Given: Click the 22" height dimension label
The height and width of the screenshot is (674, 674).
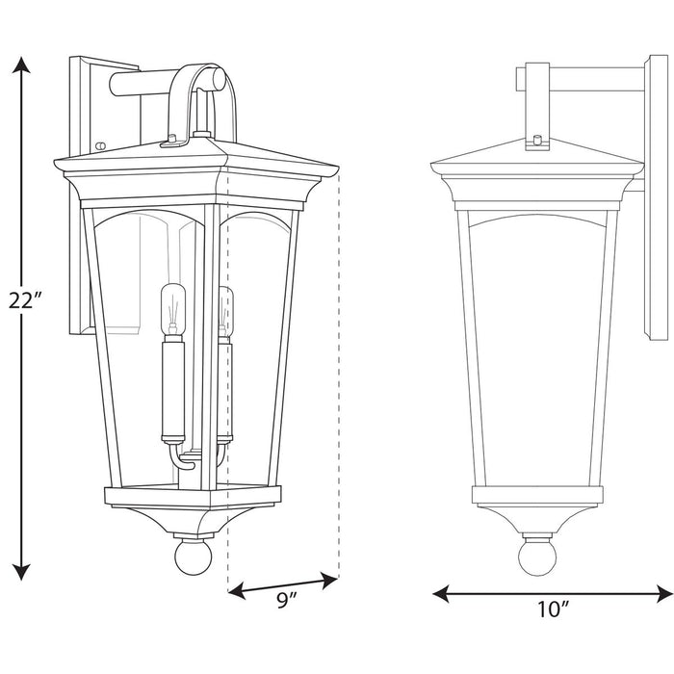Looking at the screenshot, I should point(24,300).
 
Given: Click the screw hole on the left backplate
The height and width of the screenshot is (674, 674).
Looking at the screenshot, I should point(101,146).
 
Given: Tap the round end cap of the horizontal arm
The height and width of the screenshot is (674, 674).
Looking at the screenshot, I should point(220,77).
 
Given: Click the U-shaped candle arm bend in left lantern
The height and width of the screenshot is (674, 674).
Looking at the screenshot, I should point(182,458).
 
